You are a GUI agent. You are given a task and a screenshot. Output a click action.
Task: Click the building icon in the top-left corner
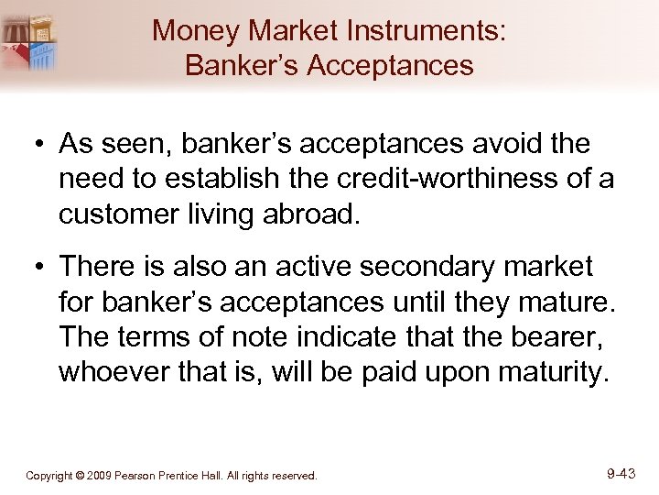(29, 42)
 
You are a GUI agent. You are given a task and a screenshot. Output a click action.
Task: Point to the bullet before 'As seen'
(39, 146)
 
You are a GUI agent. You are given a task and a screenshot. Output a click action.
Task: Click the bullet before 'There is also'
(39, 269)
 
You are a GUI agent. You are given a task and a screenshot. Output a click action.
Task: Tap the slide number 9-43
(621, 474)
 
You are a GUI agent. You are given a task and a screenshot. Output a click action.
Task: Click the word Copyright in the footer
(49, 476)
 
